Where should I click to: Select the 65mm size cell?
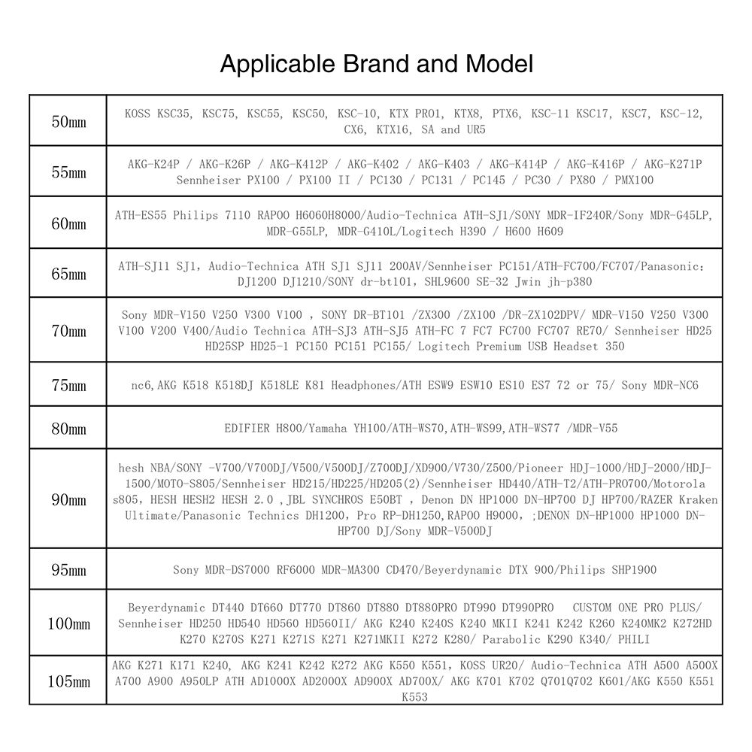pos(68,274)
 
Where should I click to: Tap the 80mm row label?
pos(68,429)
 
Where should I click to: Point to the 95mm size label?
pos(68,570)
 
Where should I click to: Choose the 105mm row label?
pos(68,681)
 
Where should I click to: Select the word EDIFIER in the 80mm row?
pos(247,428)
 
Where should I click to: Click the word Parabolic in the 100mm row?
pos(512,639)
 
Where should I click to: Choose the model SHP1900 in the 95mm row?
pos(632,569)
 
